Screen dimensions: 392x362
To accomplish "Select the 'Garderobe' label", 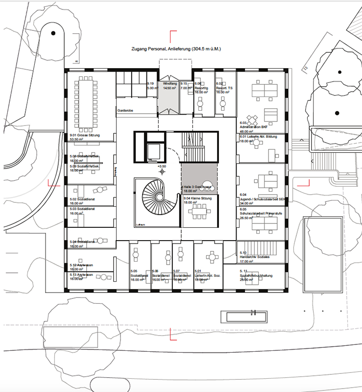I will pyautogui.click(x=125, y=111).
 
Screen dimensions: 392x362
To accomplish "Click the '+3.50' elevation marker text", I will pyautogui.click(x=162, y=167).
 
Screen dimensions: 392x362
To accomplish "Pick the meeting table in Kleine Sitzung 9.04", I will pyautogui.click(x=199, y=212).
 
